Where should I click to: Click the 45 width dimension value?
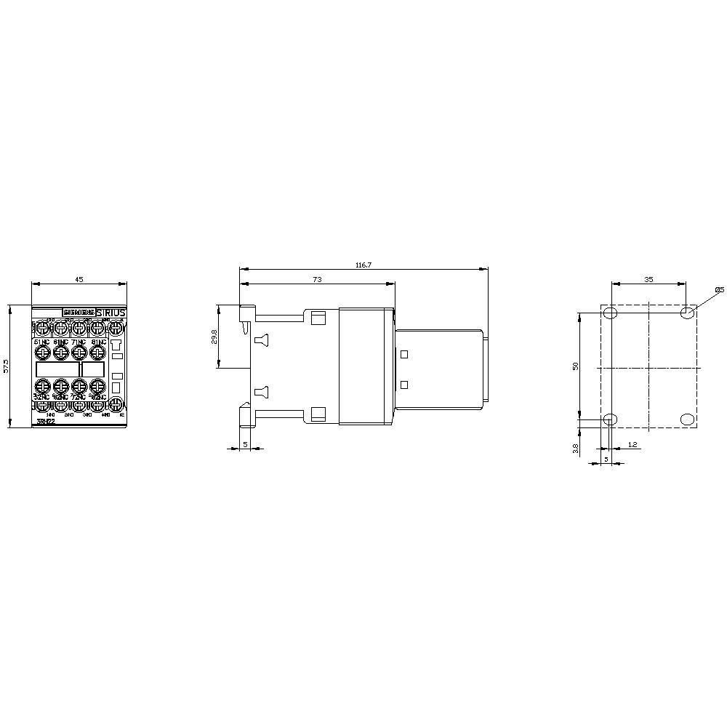click(x=79, y=279)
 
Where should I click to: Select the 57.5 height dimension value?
click(x=7, y=366)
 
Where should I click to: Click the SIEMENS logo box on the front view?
click(x=78, y=313)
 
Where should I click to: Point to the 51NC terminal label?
click(x=41, y=342)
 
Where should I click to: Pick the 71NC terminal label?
click(x=79, y=342)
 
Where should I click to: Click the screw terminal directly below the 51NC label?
click(x=42, y=353)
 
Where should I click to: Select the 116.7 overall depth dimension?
click(x=363, y=265)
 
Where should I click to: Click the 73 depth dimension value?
click(x=317, y=279)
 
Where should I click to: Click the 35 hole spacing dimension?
click(x=648, y=279)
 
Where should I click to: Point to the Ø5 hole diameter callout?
click(x=719, y=290)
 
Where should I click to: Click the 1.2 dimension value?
click(x=632, y=443)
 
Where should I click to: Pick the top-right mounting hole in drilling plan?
click(x=686, y=313)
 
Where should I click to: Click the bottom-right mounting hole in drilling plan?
click(x=686, y=419)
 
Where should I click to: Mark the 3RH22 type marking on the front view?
click(x=45, y=422)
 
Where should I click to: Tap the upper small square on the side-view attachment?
click(x=404, y=354)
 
